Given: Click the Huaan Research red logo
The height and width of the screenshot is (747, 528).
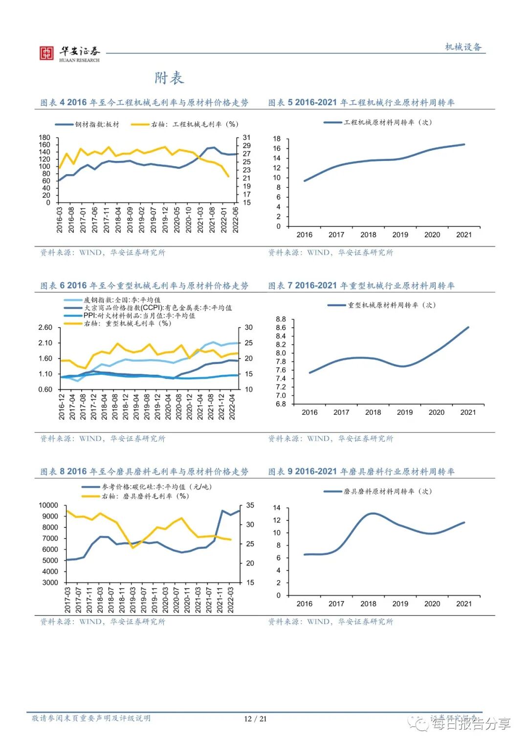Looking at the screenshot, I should point(46,53).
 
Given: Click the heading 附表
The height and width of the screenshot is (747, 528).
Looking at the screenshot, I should point(169,78).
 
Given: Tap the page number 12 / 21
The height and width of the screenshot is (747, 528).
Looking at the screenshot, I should point(255,719).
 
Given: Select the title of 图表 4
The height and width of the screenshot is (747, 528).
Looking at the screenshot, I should point(144,102).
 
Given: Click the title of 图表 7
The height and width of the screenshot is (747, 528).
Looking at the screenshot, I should point(361,285).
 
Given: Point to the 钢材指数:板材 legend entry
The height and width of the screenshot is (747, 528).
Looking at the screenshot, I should point(88,124).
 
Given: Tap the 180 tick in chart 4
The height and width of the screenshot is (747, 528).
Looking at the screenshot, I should point(44,137).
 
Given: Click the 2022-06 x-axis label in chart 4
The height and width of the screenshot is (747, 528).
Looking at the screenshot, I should point(236,220).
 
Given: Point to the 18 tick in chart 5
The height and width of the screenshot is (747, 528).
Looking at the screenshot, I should point(277,138).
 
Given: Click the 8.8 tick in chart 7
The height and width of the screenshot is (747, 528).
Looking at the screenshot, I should point(281,319).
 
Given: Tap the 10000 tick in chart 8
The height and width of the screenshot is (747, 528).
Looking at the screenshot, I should point(48,505).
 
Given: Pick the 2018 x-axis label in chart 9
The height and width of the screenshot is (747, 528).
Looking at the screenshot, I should point(368,604).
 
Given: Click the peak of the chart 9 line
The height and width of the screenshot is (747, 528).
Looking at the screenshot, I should point(373,513).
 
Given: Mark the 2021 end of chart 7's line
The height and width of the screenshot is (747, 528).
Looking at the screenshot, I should point(468,327).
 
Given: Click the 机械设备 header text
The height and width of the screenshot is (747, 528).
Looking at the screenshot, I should point(463,47).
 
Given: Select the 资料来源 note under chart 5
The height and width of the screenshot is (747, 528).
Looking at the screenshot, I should point(330,252).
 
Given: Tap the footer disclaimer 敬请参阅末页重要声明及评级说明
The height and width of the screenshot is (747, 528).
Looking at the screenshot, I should point(91,718).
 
